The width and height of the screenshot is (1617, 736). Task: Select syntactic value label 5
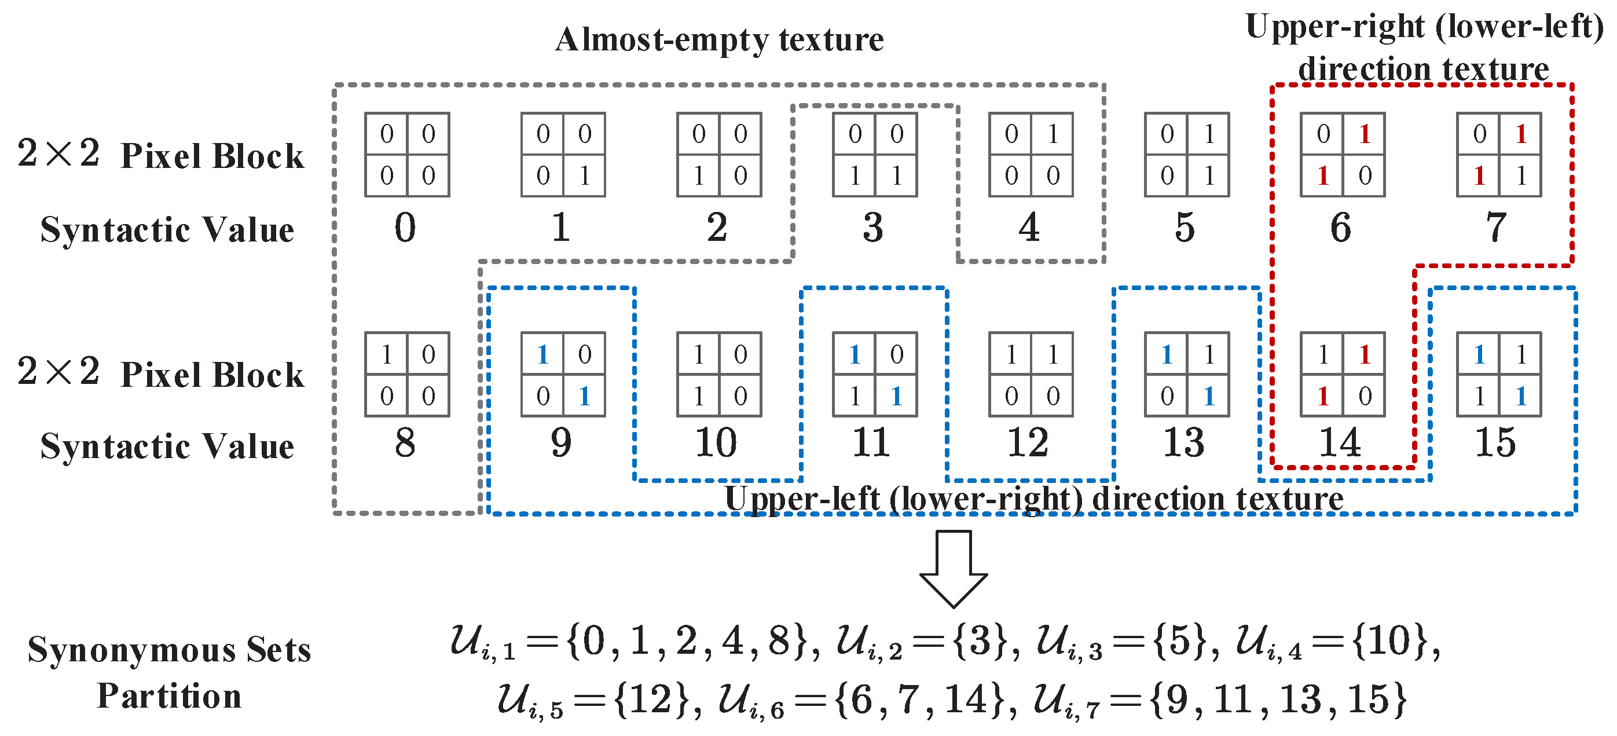1185,228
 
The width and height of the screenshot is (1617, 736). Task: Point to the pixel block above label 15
1498,374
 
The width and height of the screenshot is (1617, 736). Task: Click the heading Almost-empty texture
720,39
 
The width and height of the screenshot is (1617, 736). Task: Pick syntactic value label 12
1028,443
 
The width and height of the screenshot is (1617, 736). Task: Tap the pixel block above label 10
718,374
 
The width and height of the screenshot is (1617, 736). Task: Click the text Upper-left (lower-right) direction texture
1034,499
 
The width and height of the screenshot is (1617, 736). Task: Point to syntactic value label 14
1340,443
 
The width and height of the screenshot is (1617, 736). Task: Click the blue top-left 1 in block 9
543,355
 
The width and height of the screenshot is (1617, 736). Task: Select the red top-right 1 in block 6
1365,134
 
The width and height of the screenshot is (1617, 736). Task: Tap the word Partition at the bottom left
169,697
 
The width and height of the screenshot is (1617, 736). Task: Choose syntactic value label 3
873,228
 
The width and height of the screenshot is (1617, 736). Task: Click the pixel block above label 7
1498,155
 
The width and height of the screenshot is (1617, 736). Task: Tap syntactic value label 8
405,443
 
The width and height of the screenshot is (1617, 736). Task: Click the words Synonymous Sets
169,650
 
